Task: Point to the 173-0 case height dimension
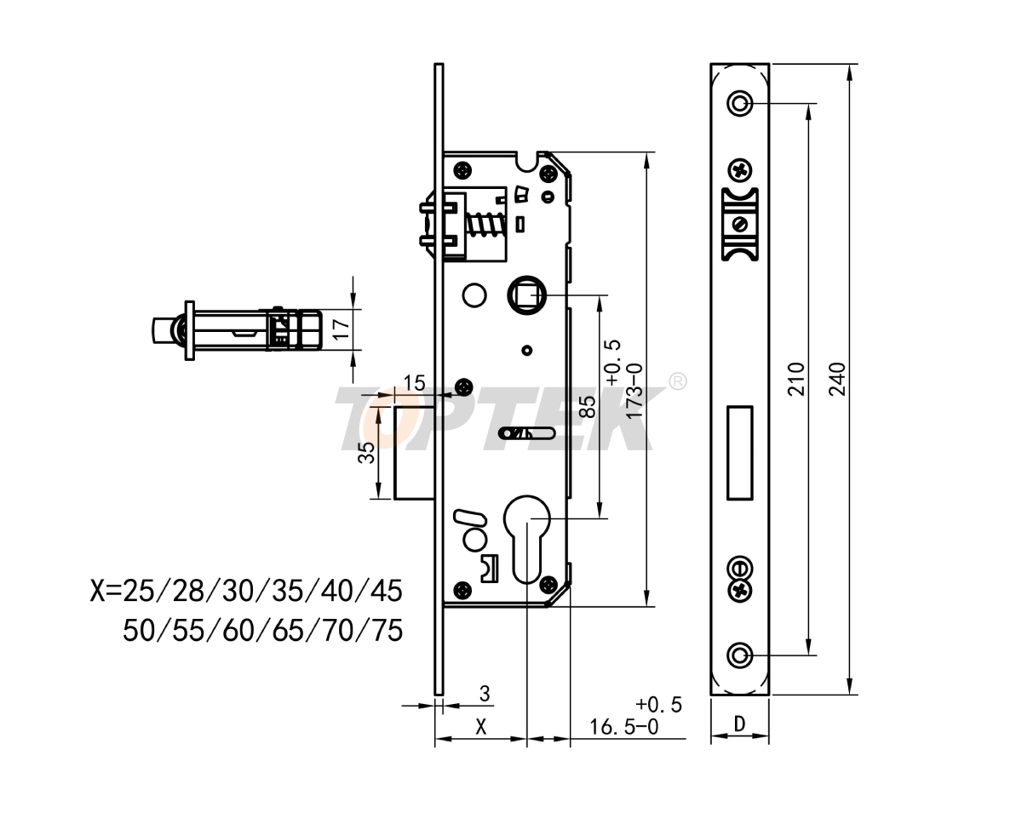[x=633, y=390]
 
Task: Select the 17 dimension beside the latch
[x=342, y=329]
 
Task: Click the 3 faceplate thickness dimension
[x=485, y=695]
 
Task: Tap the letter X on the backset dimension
[x=481, y=726]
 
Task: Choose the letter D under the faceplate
[x=739, y=724]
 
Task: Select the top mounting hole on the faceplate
[x=739, y=104]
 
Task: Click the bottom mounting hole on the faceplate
[x=739, y=655]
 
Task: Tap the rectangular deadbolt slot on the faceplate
[x=739, y=452]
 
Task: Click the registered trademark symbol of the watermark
[x=678, y=381]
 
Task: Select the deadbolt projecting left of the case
[x=416, y=453]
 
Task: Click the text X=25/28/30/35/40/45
[x=246, y=590]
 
